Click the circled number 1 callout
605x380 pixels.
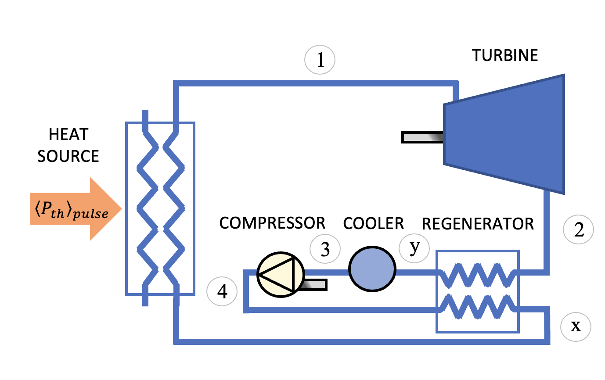[321, 61]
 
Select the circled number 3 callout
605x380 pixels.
[325, 250]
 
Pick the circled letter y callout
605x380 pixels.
[414, 247]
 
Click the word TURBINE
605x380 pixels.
[505, 56]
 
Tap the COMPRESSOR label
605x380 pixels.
[272, 223]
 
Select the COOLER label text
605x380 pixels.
[373, 223]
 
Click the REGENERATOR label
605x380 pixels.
[478, 224]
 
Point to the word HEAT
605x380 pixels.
[68, 135]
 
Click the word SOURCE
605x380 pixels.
[68, 156]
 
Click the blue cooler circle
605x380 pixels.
[372, 269]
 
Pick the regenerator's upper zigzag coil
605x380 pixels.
[477, 273]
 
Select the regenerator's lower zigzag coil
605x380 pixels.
[477, 306]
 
